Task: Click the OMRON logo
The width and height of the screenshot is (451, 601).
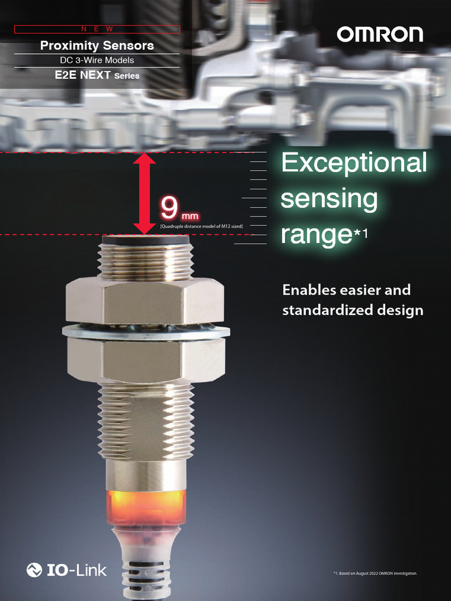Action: [x=379, y=35]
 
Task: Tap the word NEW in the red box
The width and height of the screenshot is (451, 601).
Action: [x=97, y=29]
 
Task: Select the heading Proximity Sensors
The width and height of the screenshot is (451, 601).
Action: [x=97, y=45]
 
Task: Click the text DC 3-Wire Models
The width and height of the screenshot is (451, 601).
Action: [x=97, y=60]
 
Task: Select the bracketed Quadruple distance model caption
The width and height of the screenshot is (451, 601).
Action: [x=201, y=226]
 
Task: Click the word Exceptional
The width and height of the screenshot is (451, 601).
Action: [x=354, y=163]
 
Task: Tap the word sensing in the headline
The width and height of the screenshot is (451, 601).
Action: [x=329, y=199]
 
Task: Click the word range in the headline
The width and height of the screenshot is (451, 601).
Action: [x=316, y=235]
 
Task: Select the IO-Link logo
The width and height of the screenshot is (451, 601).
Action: [x=67, y=569]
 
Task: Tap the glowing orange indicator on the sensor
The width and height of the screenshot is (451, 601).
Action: [x=146, y=506]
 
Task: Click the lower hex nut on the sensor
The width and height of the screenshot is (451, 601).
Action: [x=146, y=358]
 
